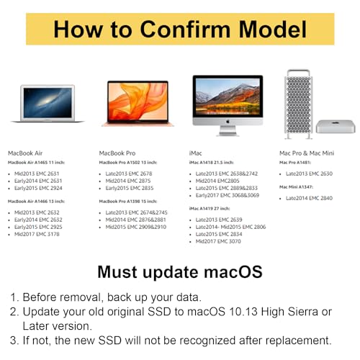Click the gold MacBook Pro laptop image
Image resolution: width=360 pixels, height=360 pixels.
(x=138, y=104)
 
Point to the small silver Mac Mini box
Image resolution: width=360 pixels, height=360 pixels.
(x=336, y=126)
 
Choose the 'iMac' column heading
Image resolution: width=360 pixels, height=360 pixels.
(x=197, y=153)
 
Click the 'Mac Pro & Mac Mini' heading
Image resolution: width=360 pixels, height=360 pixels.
(x=307, y=153)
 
